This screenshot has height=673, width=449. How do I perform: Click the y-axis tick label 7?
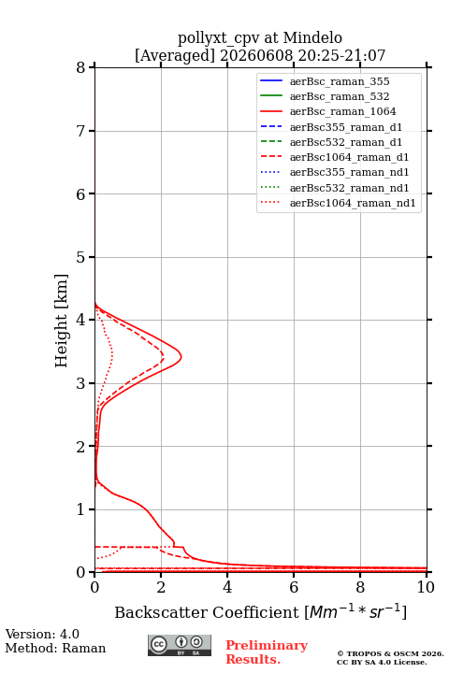(x=80, y=131)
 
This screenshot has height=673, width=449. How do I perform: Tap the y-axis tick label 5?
(x=80, y=257)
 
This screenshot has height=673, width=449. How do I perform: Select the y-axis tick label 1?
(x=80, y=509)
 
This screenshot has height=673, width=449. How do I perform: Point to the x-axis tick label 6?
(x=294, y=587)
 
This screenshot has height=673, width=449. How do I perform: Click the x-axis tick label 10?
(x=426, y=587)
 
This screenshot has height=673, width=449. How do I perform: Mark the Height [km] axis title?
(x=61, y=321)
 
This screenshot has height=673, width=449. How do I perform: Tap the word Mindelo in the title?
(x=312, y=37)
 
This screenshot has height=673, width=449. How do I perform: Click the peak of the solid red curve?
(x=181, y=357)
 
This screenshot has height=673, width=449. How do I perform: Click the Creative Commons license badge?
(x=180, y=645)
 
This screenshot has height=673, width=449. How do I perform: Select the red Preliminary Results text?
(x=267, y=652)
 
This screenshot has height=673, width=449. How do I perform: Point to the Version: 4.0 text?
(x=42, y=634)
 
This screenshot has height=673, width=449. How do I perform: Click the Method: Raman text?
(x=55, y=648)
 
